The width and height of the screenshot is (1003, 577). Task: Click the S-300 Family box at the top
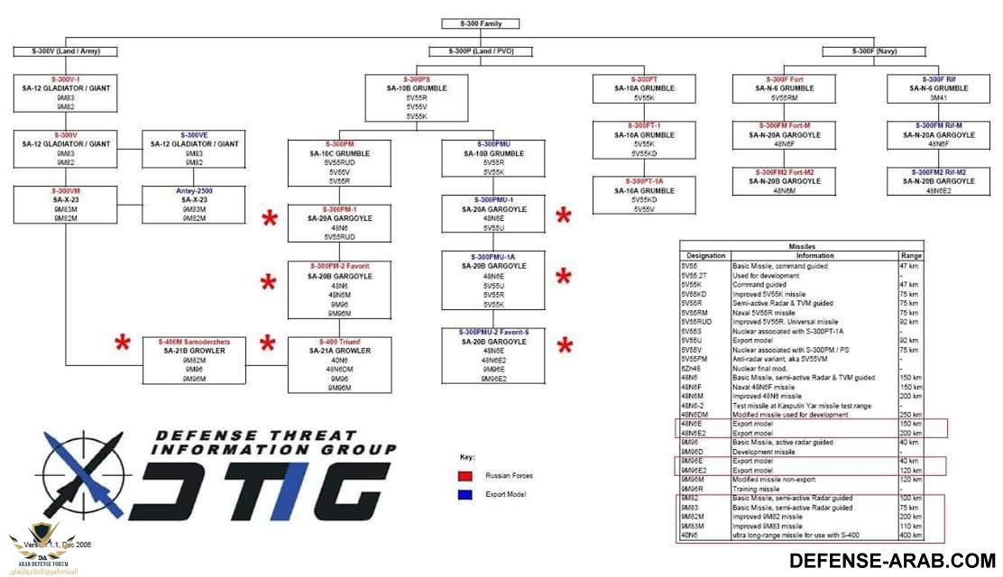[482, 23]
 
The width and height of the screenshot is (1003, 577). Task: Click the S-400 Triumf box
[339, 365]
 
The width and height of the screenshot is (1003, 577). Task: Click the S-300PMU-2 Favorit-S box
[493, 356]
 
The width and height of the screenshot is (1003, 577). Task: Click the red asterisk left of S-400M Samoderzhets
[123, 343]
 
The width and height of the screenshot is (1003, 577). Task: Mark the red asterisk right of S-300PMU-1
[564, 216]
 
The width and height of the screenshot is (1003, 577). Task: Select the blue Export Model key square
[465, 495]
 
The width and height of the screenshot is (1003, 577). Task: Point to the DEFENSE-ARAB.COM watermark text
[892, 561]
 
